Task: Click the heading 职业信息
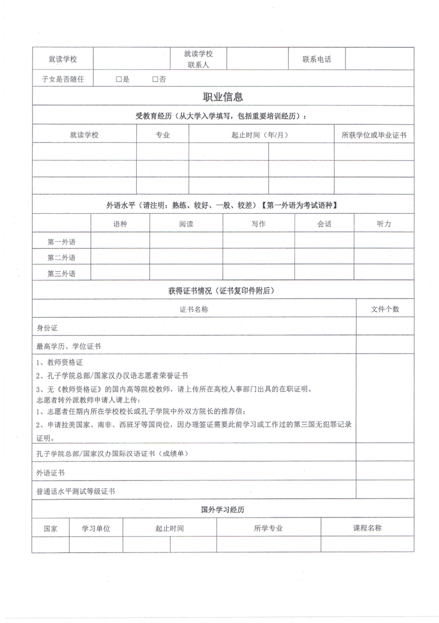[223, 97]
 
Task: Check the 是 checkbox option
[119, 79]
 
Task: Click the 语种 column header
[120, 224]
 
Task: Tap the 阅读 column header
[186, 224]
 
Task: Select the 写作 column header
[258, 224]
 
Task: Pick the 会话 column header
[324, 224]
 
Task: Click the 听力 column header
[384, 224]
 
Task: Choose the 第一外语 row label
[62, 241]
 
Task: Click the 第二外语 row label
[62, 257]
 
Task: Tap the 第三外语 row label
[62, 273]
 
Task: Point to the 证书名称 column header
[195, 310]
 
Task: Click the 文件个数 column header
[385, 310]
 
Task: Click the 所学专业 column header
[268, 528]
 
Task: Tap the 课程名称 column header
[367, 528]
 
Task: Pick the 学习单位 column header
[96, 528]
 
